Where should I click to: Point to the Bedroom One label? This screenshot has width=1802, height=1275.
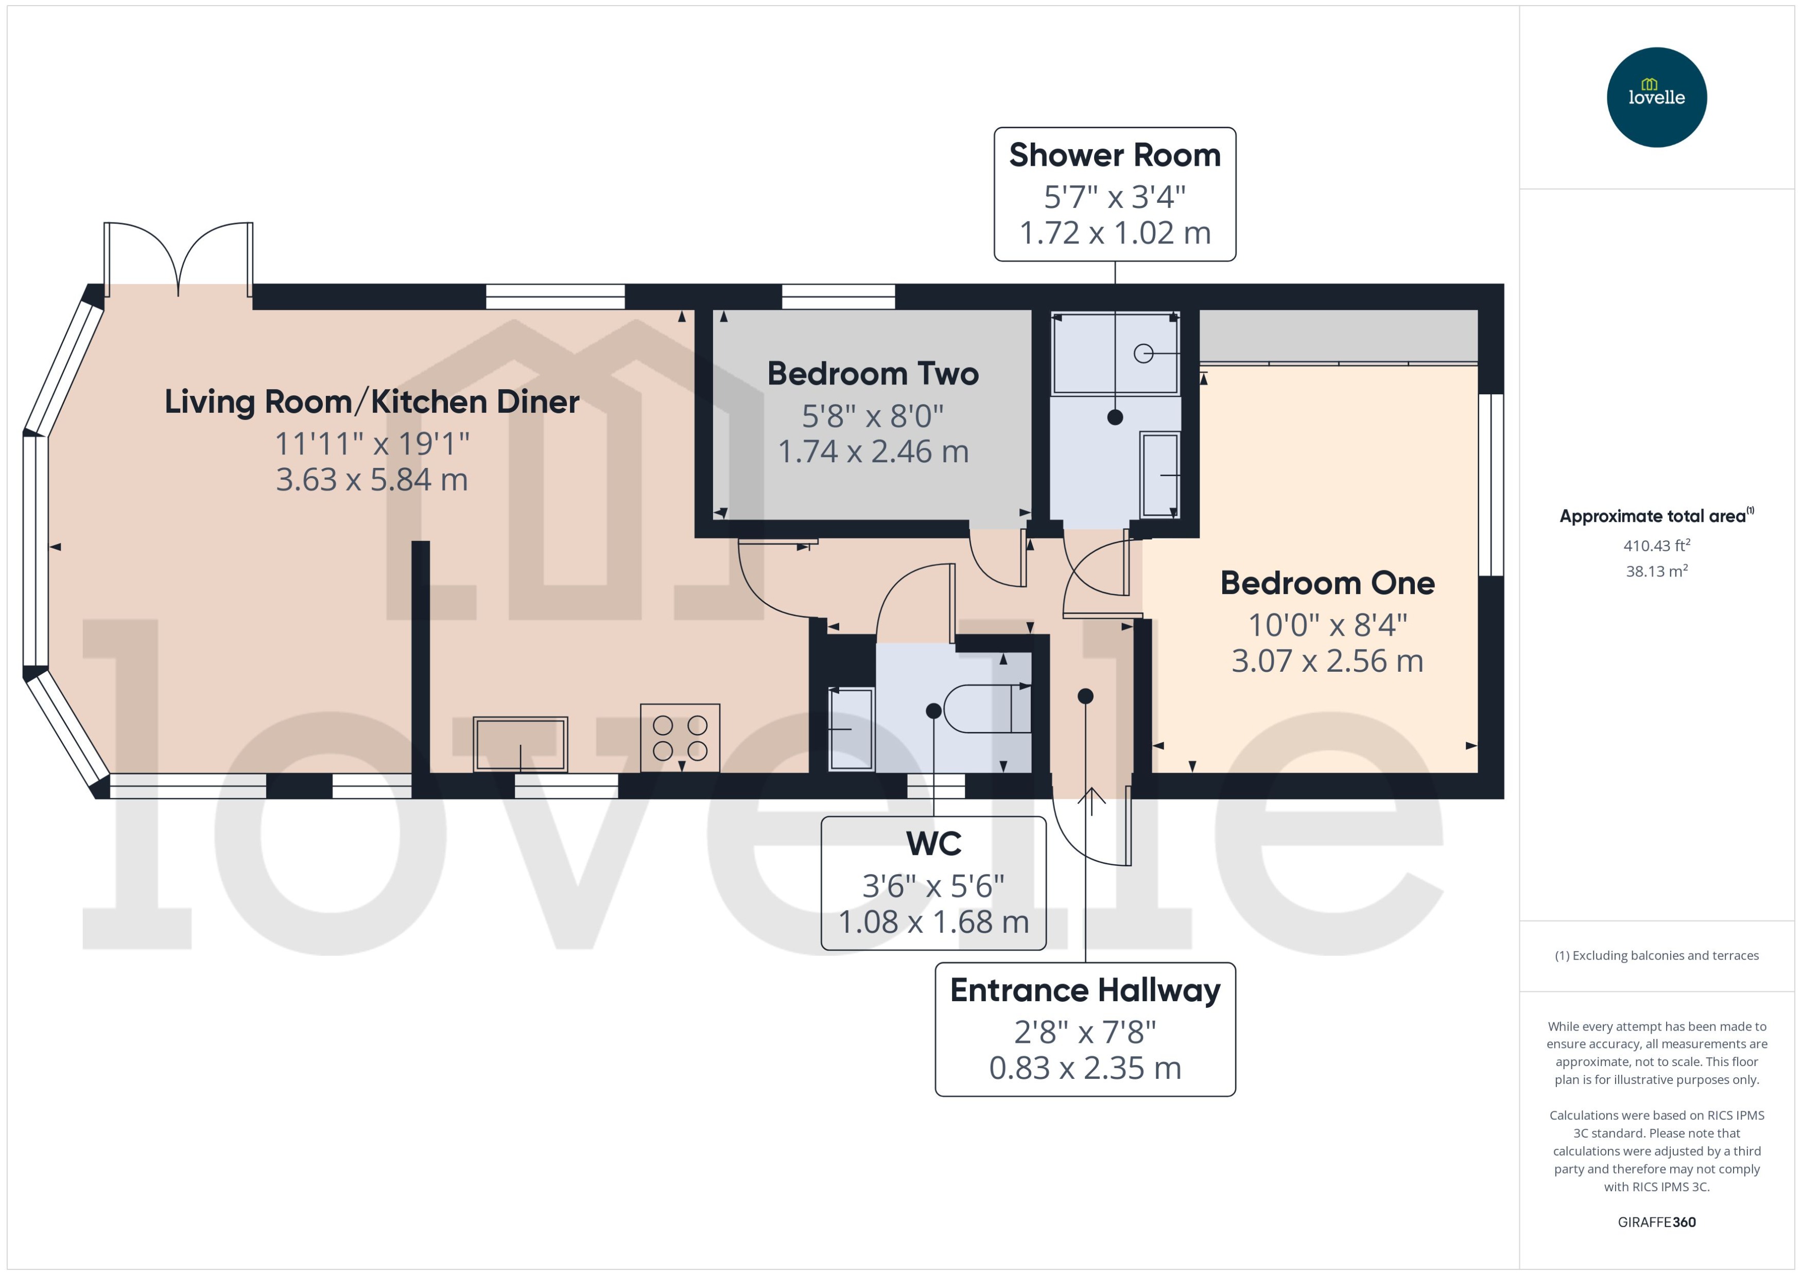coord(1327,583)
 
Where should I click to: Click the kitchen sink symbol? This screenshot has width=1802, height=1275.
coord(520,743)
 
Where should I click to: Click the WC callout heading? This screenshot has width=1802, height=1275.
coord(933,844)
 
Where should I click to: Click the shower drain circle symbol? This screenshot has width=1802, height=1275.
coord(1143,354)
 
